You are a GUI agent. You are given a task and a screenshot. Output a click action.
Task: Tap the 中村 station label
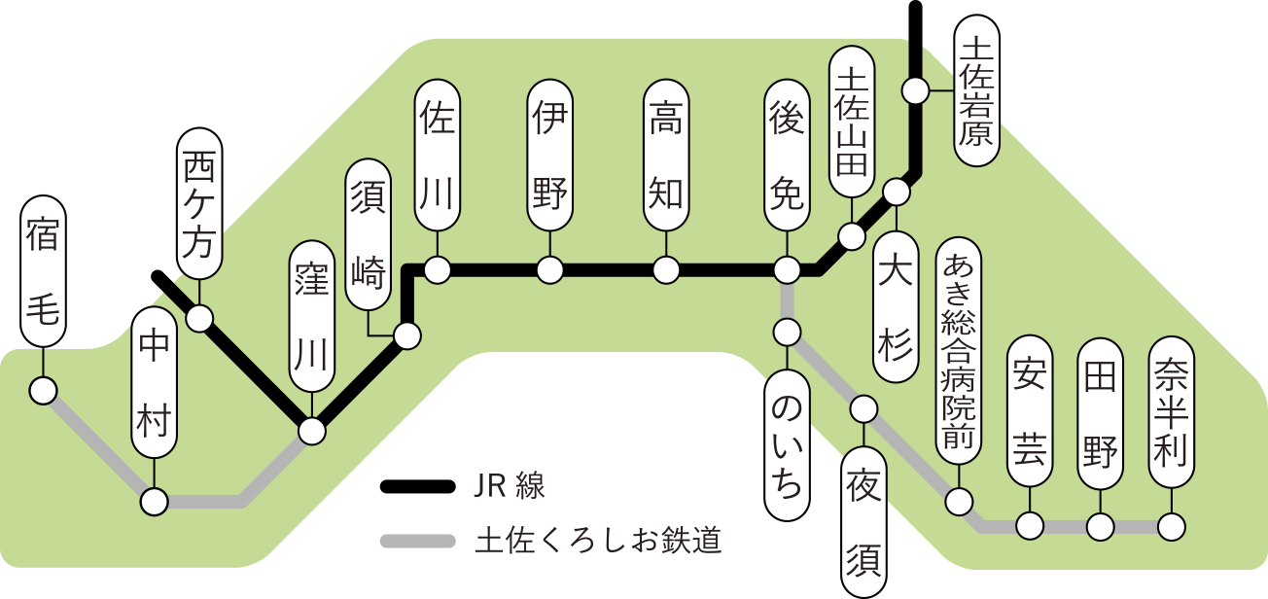tap(155, 383)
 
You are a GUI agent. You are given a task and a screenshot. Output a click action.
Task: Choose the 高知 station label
tap(666, 157)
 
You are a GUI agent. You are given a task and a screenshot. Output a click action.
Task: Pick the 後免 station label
tap(786, 157)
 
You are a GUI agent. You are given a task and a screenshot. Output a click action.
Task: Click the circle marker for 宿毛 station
tap(43, 392)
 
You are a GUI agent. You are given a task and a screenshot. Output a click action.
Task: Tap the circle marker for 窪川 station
tap(312, 431)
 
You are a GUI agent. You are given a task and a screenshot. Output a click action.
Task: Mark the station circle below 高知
tap(666, 269)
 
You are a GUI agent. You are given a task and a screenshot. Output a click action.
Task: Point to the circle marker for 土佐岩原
tap(914, 91)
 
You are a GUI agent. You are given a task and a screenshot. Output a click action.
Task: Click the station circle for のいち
tap(786, 333)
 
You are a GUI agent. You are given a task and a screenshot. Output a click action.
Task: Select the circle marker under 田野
tap(1101, 527)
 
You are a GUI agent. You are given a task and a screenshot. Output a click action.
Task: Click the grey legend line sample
tap(418, 541)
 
